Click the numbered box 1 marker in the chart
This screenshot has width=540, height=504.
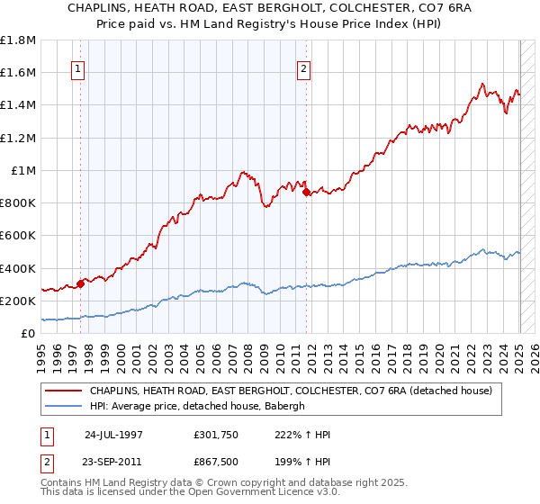(78, 68)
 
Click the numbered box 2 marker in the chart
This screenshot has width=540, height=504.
(304, 68)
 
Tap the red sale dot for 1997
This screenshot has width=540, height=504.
(81, 283)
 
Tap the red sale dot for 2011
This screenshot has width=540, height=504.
(307, 192)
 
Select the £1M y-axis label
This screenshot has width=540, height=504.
(24, 170)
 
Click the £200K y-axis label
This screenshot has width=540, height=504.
(18, 301)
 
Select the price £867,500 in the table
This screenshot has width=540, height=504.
(215, 462)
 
